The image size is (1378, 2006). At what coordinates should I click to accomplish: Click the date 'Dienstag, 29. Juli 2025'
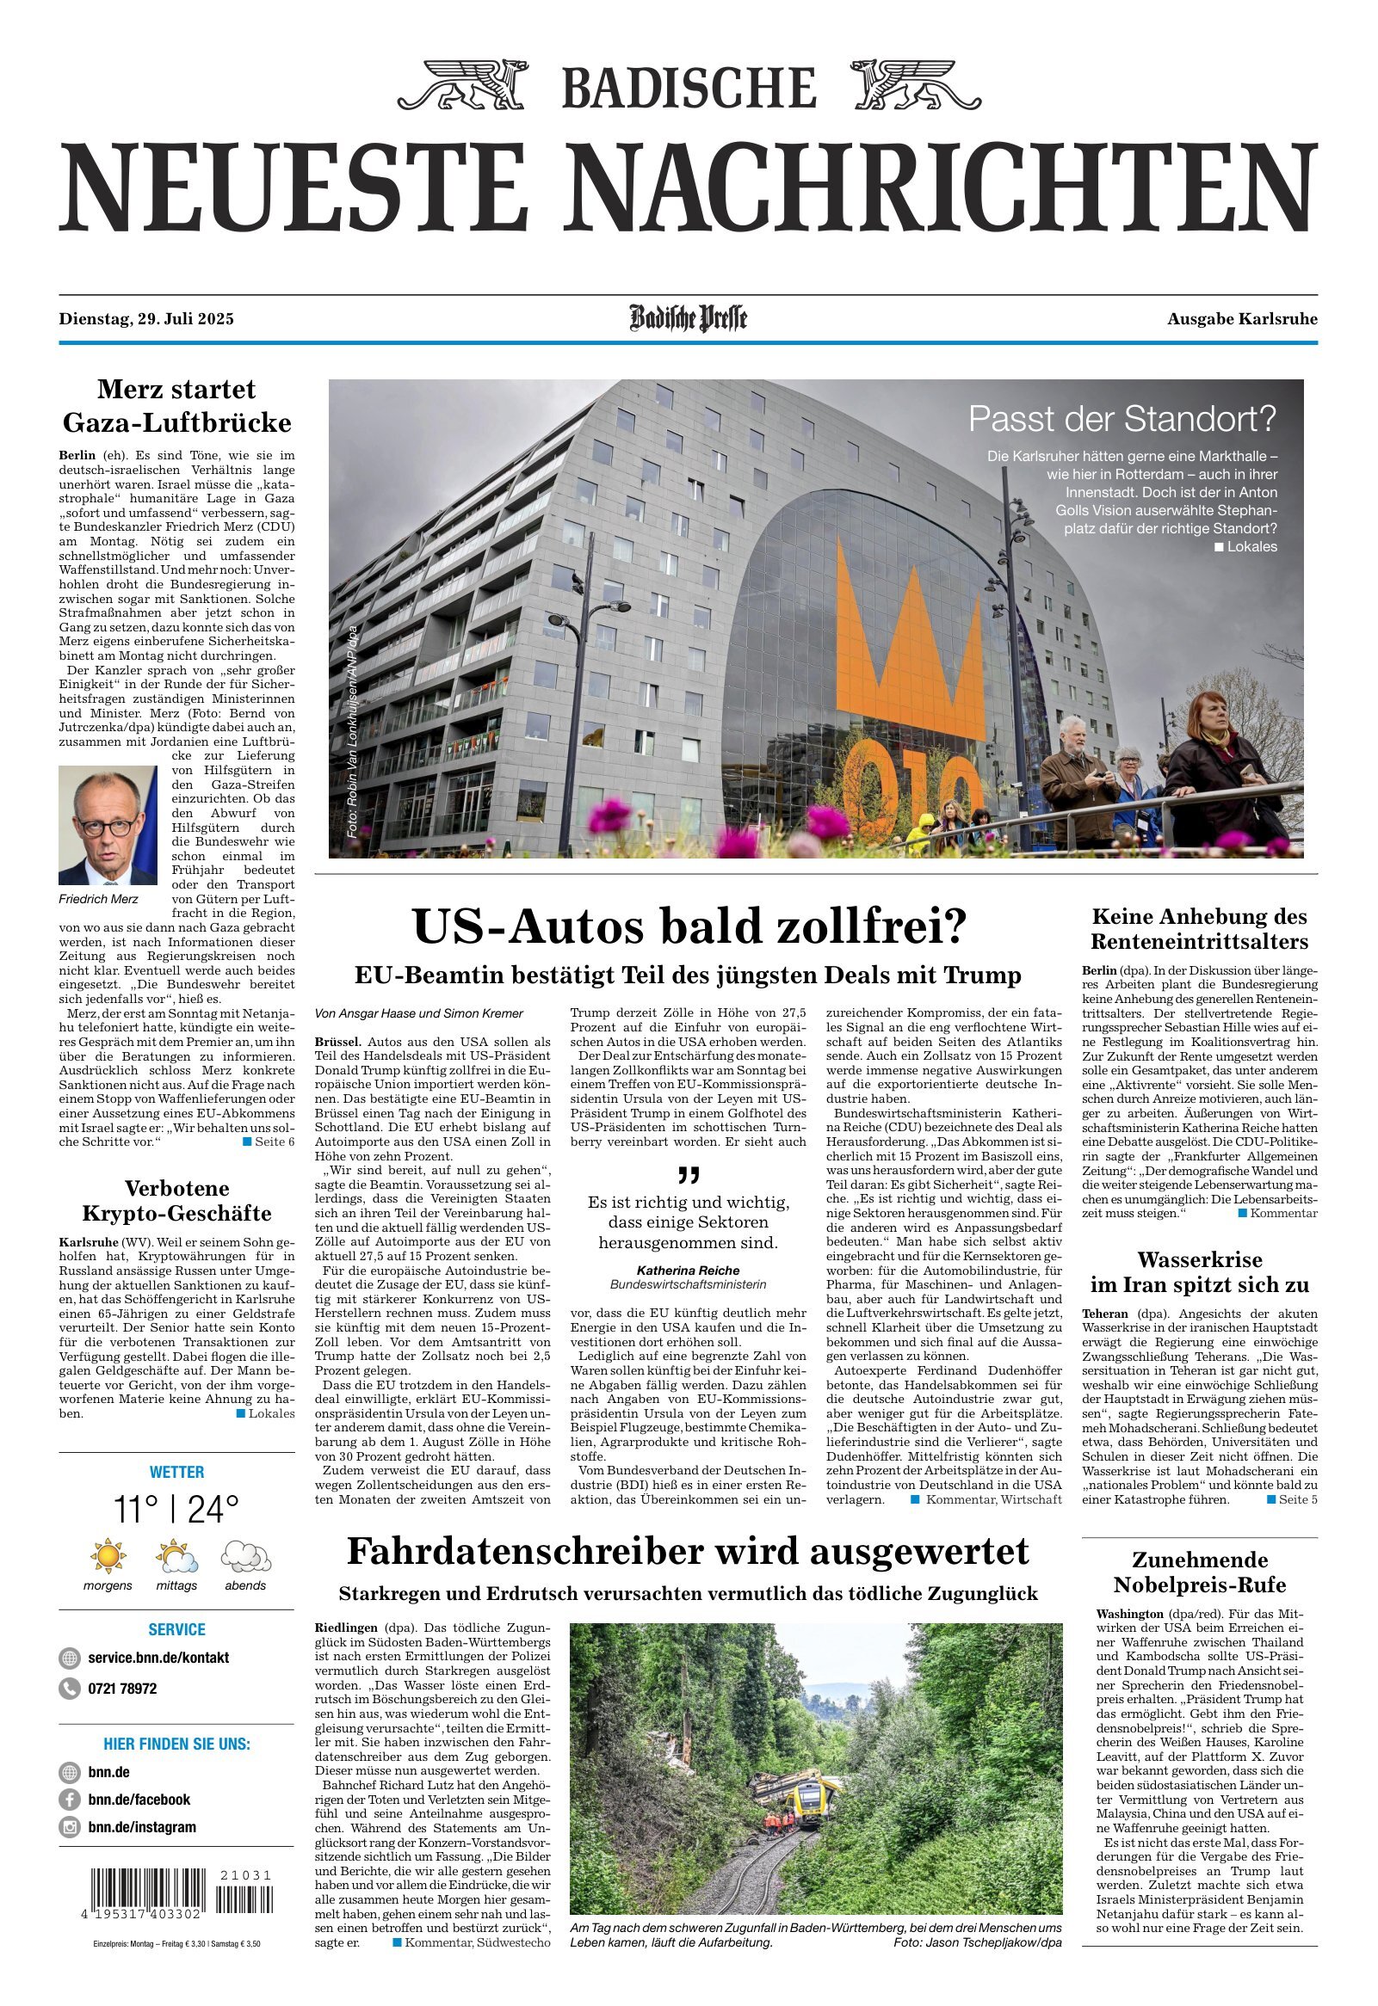(146, 319)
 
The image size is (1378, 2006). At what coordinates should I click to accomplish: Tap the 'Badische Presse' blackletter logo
(688, 318)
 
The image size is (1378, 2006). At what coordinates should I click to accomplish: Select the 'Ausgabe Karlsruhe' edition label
(1242, 319)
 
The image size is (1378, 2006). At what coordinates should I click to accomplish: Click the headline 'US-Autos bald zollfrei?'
(688, 927)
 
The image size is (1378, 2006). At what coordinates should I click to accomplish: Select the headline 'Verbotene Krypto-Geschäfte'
(177, 1200)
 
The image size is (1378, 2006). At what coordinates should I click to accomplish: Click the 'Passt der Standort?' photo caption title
(1122, 419)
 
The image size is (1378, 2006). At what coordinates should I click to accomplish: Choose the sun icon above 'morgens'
(108, 1555)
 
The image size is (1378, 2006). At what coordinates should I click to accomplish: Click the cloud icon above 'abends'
(245, 1555)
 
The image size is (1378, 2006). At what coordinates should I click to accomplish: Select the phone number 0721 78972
(121, 1689)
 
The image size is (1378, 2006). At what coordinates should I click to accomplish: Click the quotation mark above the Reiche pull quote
(688, 1177)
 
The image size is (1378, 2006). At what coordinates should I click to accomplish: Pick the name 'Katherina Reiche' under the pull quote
(688, 1270)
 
